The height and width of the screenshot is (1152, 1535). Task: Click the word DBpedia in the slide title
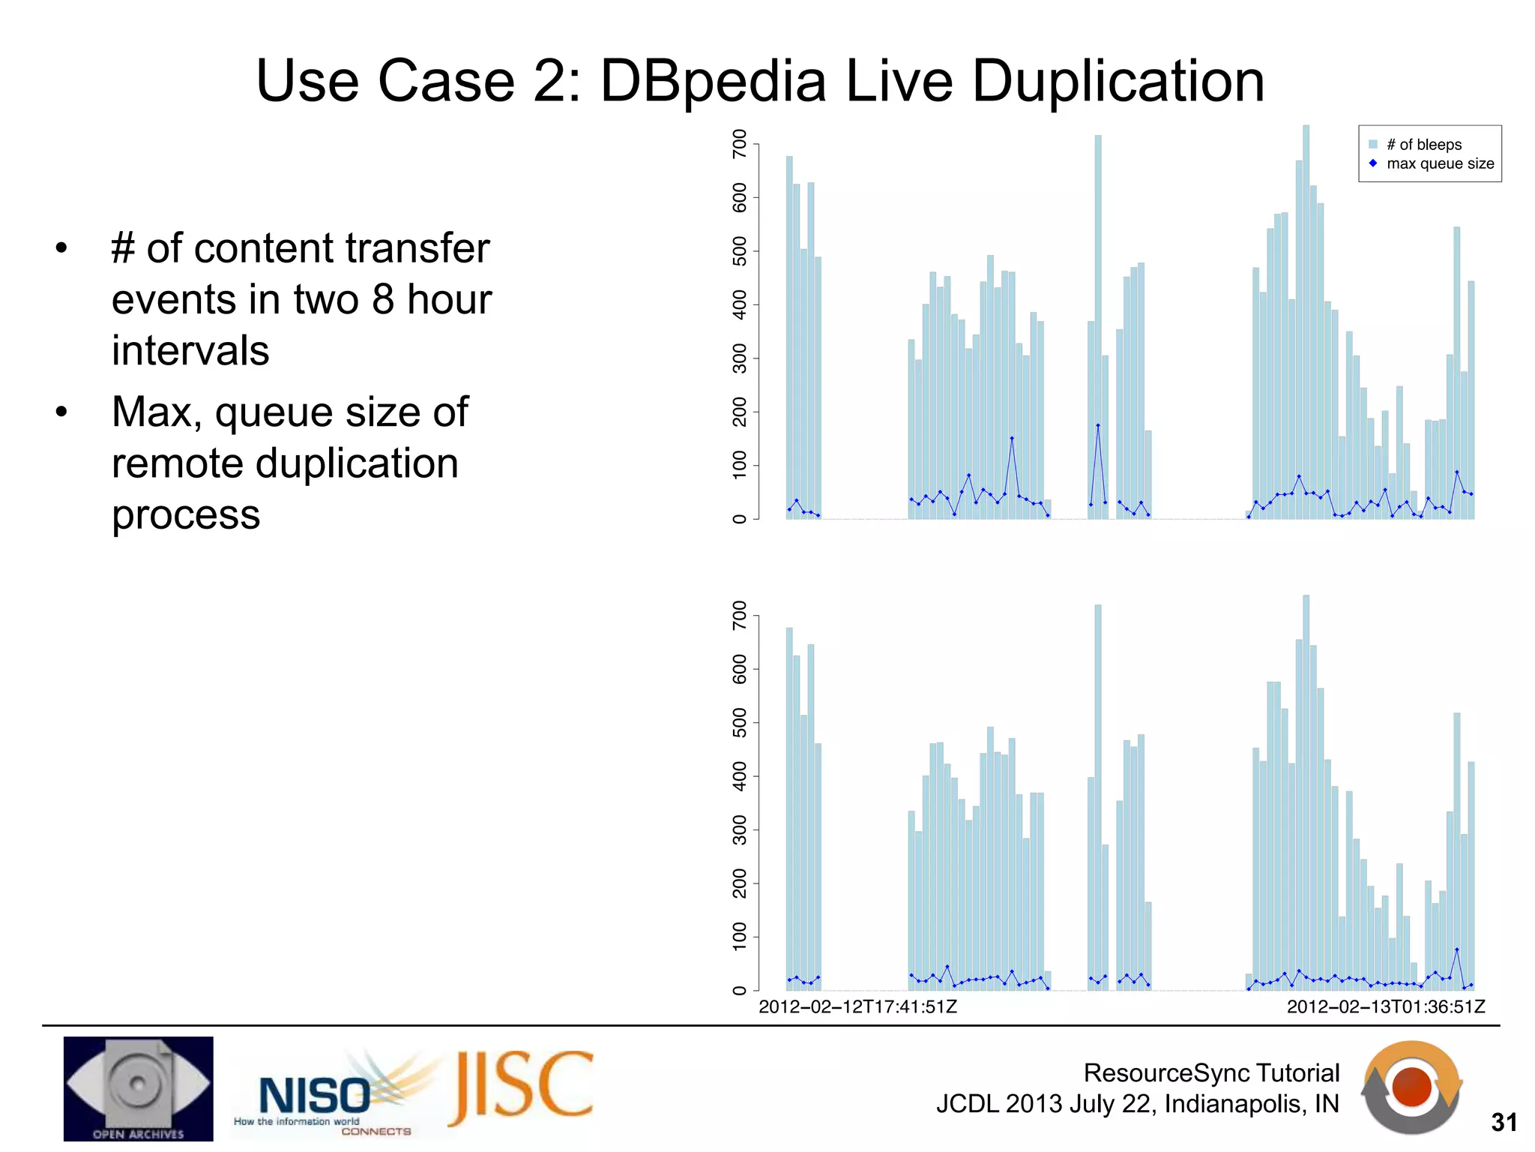pos(713,81)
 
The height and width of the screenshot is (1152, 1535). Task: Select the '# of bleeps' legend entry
pos(1423,145)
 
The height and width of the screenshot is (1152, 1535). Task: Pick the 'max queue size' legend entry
pos(1439,163)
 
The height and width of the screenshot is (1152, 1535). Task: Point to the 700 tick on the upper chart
pos(740,143)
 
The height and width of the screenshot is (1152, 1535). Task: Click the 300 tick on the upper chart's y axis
pos(740,358)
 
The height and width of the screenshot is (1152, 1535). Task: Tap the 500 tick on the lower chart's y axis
pos(740,722)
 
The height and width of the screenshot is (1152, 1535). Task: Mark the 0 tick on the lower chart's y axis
pos(740,991)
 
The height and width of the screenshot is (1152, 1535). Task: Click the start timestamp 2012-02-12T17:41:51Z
pos(857,1006)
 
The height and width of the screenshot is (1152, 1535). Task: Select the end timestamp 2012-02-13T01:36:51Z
pos(1386,1006)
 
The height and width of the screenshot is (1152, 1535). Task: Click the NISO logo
pos(315,1096)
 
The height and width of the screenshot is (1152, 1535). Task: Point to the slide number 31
pos(1504,1123)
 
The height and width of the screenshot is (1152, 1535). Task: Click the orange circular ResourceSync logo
pos(1412,1087)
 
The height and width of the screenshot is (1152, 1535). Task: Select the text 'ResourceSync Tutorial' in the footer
pos(1211,1072)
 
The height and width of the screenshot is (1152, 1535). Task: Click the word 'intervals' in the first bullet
pos(190,350)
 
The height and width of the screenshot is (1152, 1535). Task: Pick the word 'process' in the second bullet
pos(186,516)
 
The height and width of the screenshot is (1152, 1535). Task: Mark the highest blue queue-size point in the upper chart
pos(1098,425)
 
